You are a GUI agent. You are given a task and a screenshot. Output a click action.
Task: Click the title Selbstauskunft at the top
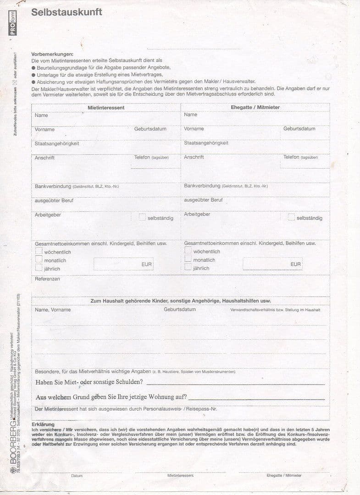[66, 12]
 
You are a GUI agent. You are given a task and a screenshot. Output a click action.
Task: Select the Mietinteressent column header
[106, 107]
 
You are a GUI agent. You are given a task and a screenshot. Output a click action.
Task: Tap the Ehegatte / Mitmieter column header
[255, 107]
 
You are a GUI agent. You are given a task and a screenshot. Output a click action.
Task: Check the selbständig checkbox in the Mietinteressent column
[142, 217]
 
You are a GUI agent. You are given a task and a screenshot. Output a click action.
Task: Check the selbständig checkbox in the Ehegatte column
[291, 217]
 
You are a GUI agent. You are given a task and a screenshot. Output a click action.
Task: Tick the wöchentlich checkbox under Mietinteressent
[39, 251]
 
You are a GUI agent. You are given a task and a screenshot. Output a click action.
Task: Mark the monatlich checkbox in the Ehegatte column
[188, 259]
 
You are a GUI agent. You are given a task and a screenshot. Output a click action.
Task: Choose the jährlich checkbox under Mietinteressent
[39, 268]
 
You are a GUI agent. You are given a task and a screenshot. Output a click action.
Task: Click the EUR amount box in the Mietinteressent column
[123, 264]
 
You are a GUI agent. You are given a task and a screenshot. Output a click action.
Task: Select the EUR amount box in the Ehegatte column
[272, 264]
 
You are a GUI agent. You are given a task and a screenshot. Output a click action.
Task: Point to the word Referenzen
[47, 279]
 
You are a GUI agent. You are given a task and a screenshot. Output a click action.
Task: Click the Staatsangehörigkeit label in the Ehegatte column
[206, 143]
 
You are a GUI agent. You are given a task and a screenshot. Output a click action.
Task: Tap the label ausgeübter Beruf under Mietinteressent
[54, 200]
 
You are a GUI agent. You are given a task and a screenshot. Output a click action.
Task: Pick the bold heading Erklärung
[43, 424]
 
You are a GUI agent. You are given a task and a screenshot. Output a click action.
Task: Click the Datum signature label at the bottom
[77, 475]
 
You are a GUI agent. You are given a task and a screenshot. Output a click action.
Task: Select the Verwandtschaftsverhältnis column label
[275, 310]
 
